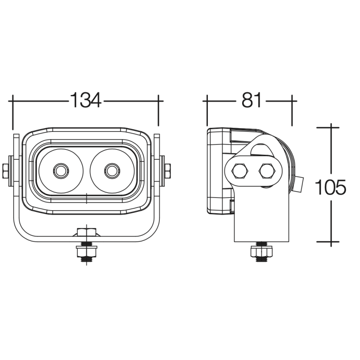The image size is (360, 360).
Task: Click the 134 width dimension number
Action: tap(85, 100)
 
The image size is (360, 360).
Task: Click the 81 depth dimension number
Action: tap(252, 100)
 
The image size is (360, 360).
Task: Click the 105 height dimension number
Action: tap(331, 187)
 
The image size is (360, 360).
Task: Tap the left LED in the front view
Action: tap(61, 171)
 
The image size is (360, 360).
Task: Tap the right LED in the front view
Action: tap(112, 171)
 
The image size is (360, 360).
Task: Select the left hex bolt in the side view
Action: tap(240, 171)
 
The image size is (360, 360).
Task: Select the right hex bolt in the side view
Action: tap(267, 171)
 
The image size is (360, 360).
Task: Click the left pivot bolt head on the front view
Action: tap(5, 171)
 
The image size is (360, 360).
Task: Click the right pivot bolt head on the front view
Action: tap(167, 171)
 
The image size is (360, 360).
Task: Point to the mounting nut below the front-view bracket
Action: tap(86, 252)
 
